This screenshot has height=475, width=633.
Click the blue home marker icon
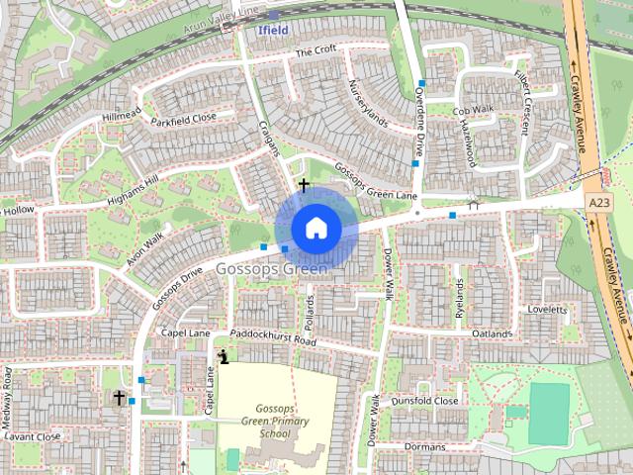click(316, 228)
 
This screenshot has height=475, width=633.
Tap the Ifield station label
click(272, 31)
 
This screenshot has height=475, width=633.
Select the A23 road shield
click(598, 202)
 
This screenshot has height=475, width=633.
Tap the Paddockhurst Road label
click(271, 337)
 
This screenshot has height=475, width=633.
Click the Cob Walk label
click(472, 111)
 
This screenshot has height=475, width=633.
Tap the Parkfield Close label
click(183, 119)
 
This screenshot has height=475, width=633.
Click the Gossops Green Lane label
click(374, 182)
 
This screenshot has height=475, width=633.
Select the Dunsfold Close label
click(424, 401)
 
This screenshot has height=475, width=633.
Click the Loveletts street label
click(547, 310)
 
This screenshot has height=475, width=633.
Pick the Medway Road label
click(7, 393)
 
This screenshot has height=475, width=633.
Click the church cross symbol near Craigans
click(303, 184)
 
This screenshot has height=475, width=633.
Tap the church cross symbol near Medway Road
click(119, 398)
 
